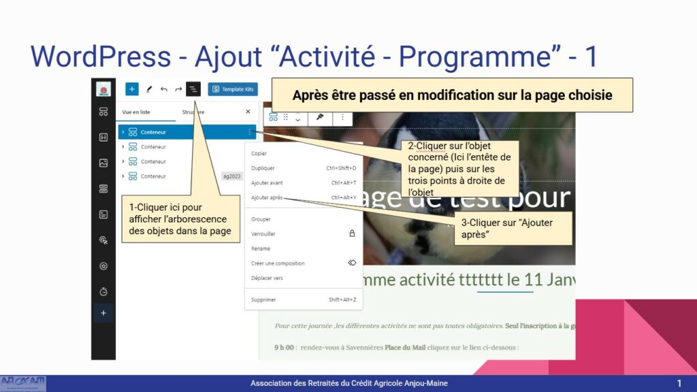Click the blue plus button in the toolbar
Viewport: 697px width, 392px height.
(x=132, y=89)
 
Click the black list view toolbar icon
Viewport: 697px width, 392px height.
(x=193, y=89)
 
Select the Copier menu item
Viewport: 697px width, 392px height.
(x=259, y=153)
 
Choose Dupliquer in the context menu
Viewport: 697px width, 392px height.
(x=262, y=168)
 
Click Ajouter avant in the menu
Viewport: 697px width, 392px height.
(x=267, y=183)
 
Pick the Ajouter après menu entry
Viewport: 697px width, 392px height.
(x=267, y=198)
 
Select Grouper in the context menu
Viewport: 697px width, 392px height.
(x=261, y=219)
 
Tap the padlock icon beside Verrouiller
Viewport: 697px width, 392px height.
(x=352, y=233)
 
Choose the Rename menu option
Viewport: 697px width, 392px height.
(x=261, y=248)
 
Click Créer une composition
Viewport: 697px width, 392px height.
(x=278, y=263)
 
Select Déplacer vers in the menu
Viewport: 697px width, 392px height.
(x=267, y=278)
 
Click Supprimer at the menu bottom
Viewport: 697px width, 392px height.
(x=263, y=299)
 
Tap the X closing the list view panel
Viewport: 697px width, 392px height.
(x=248, y=112)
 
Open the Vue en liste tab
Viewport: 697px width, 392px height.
(x=136, y=112)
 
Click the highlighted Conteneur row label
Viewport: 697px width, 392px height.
(x=153, y=132)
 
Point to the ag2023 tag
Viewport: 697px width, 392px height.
(x=232, y=176)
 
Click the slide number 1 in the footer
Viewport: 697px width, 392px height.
(x=679, y=384)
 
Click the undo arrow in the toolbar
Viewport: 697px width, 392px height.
(x=163, y=89)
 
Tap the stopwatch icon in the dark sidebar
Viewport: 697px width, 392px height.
(x=103, y=291)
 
